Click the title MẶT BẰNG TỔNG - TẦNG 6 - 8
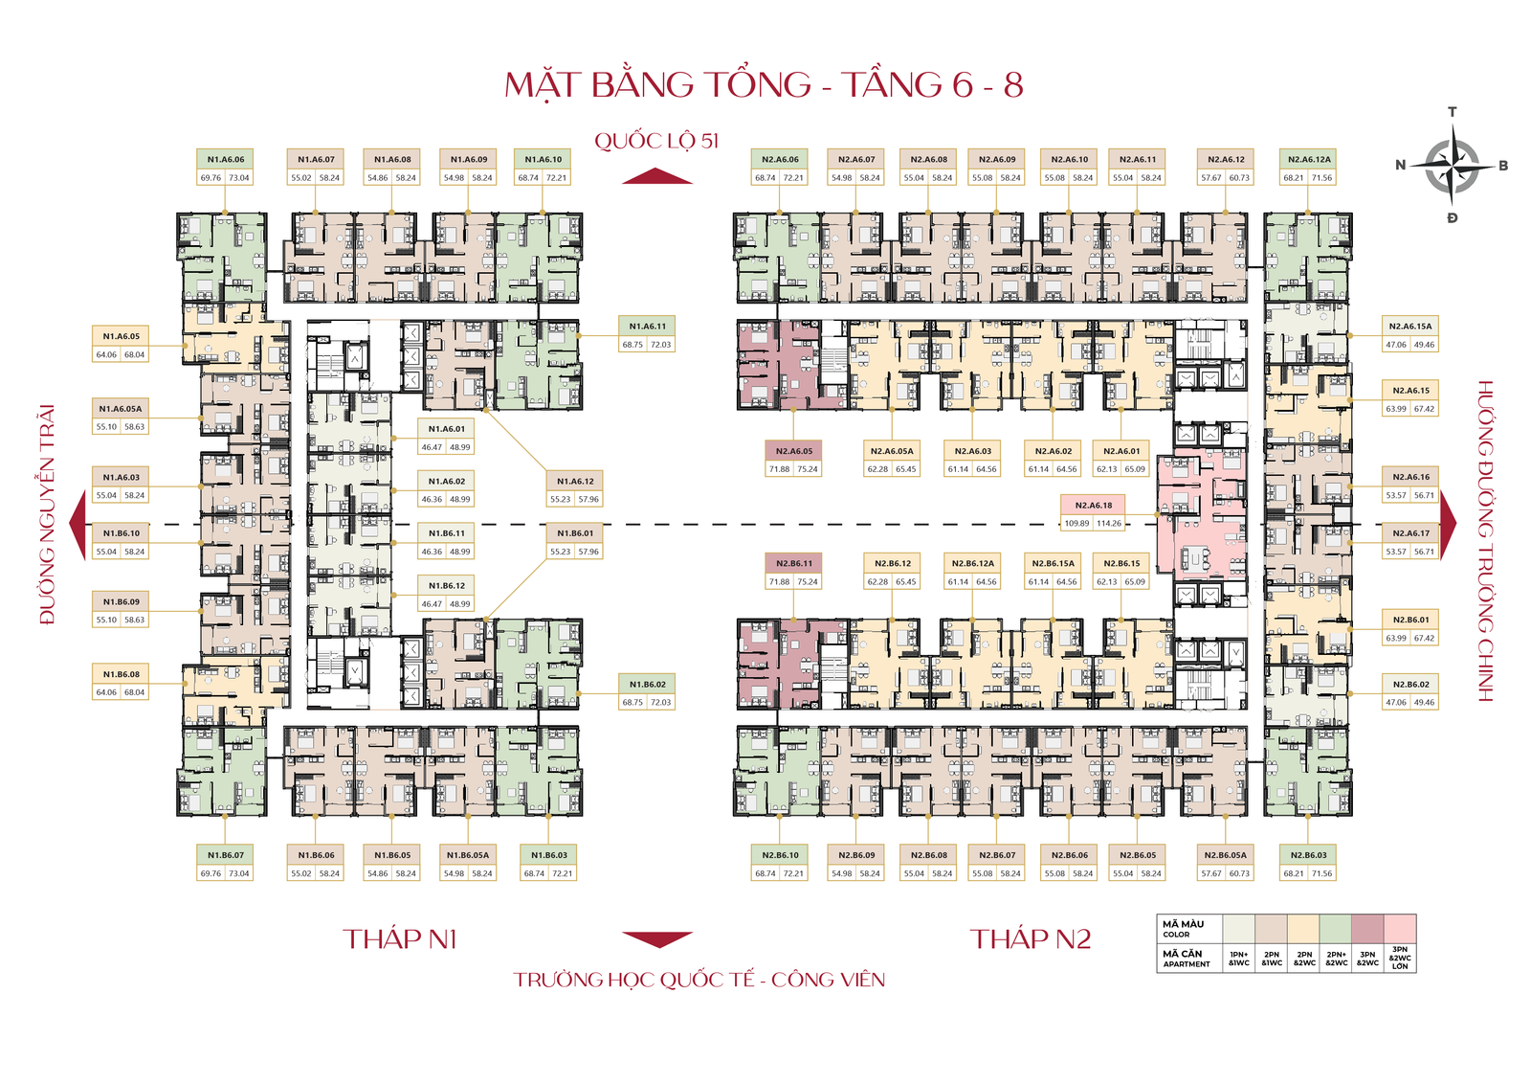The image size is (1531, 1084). coord(764,84)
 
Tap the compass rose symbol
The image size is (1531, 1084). coord(1453,165)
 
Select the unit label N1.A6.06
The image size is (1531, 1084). coord(226,160)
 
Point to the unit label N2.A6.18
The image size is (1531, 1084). coord(1094,505)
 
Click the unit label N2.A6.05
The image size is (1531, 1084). coord(794,451)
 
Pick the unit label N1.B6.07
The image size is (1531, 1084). coord(226,855)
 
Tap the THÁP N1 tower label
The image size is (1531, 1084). coord(400,939)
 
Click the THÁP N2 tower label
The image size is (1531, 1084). coord(1031,939)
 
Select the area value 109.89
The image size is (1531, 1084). coord(1077,523)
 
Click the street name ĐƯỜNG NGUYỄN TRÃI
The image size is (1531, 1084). coord(47,515)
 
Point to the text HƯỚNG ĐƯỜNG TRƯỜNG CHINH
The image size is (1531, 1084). coord(1485,541)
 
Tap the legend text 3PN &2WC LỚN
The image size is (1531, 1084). coord(1400,959)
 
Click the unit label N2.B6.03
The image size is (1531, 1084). coord(1309,855)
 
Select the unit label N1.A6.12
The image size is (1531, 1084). coord(575,482)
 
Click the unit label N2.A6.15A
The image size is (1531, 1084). coord(1410,327)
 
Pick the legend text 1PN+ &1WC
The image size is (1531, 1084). coord(1239,959)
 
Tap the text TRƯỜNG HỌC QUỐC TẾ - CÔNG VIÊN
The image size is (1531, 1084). coord(699,980)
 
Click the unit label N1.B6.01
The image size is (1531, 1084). coord(575,533)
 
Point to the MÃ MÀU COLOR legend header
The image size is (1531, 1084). coord(1184,928)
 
